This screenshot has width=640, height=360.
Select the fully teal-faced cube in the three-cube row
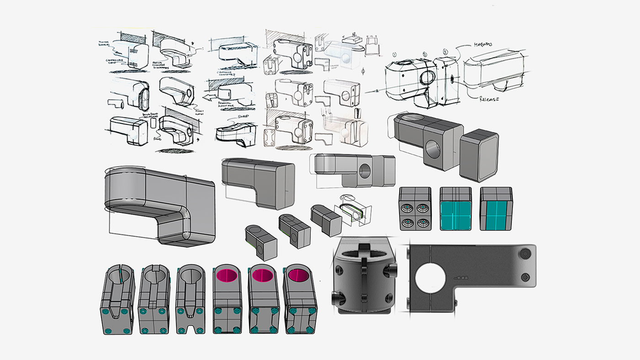coord(455,209)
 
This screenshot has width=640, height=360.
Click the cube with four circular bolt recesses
coord(415,209)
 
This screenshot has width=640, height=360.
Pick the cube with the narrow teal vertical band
coord(496,209)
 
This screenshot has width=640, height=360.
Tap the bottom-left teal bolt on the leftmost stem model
coord(108,330)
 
